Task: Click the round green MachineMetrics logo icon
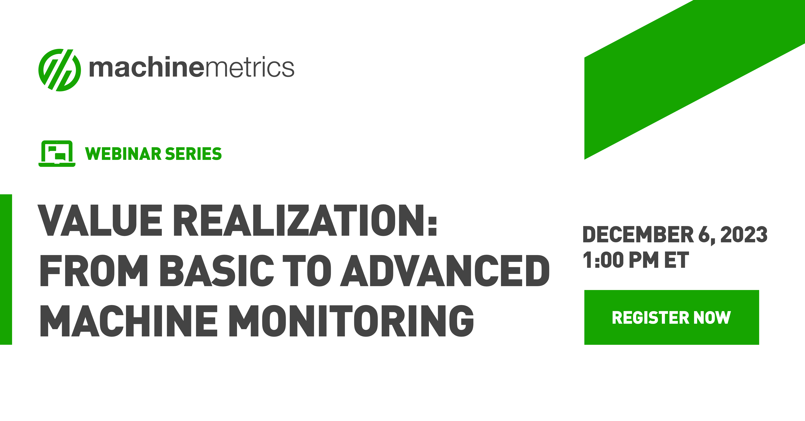pos(59,70)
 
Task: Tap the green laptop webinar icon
pos(57,154)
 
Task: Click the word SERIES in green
pos(193,154)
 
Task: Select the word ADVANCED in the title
pos(445,271)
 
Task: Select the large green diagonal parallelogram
pos(694,80)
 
